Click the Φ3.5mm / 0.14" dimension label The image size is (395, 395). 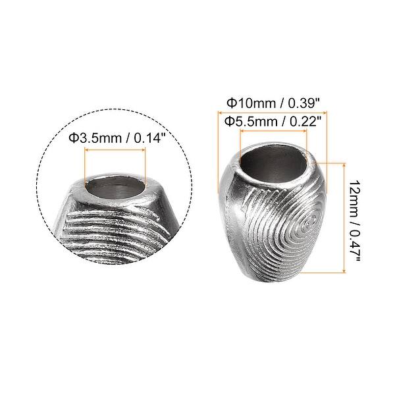pyautogui.click(x=116, y=138)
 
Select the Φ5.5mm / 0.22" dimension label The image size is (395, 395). pyautogui.click(x=273, y=121)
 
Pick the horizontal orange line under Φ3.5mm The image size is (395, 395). pyautogui.click(x=115, y=149)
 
